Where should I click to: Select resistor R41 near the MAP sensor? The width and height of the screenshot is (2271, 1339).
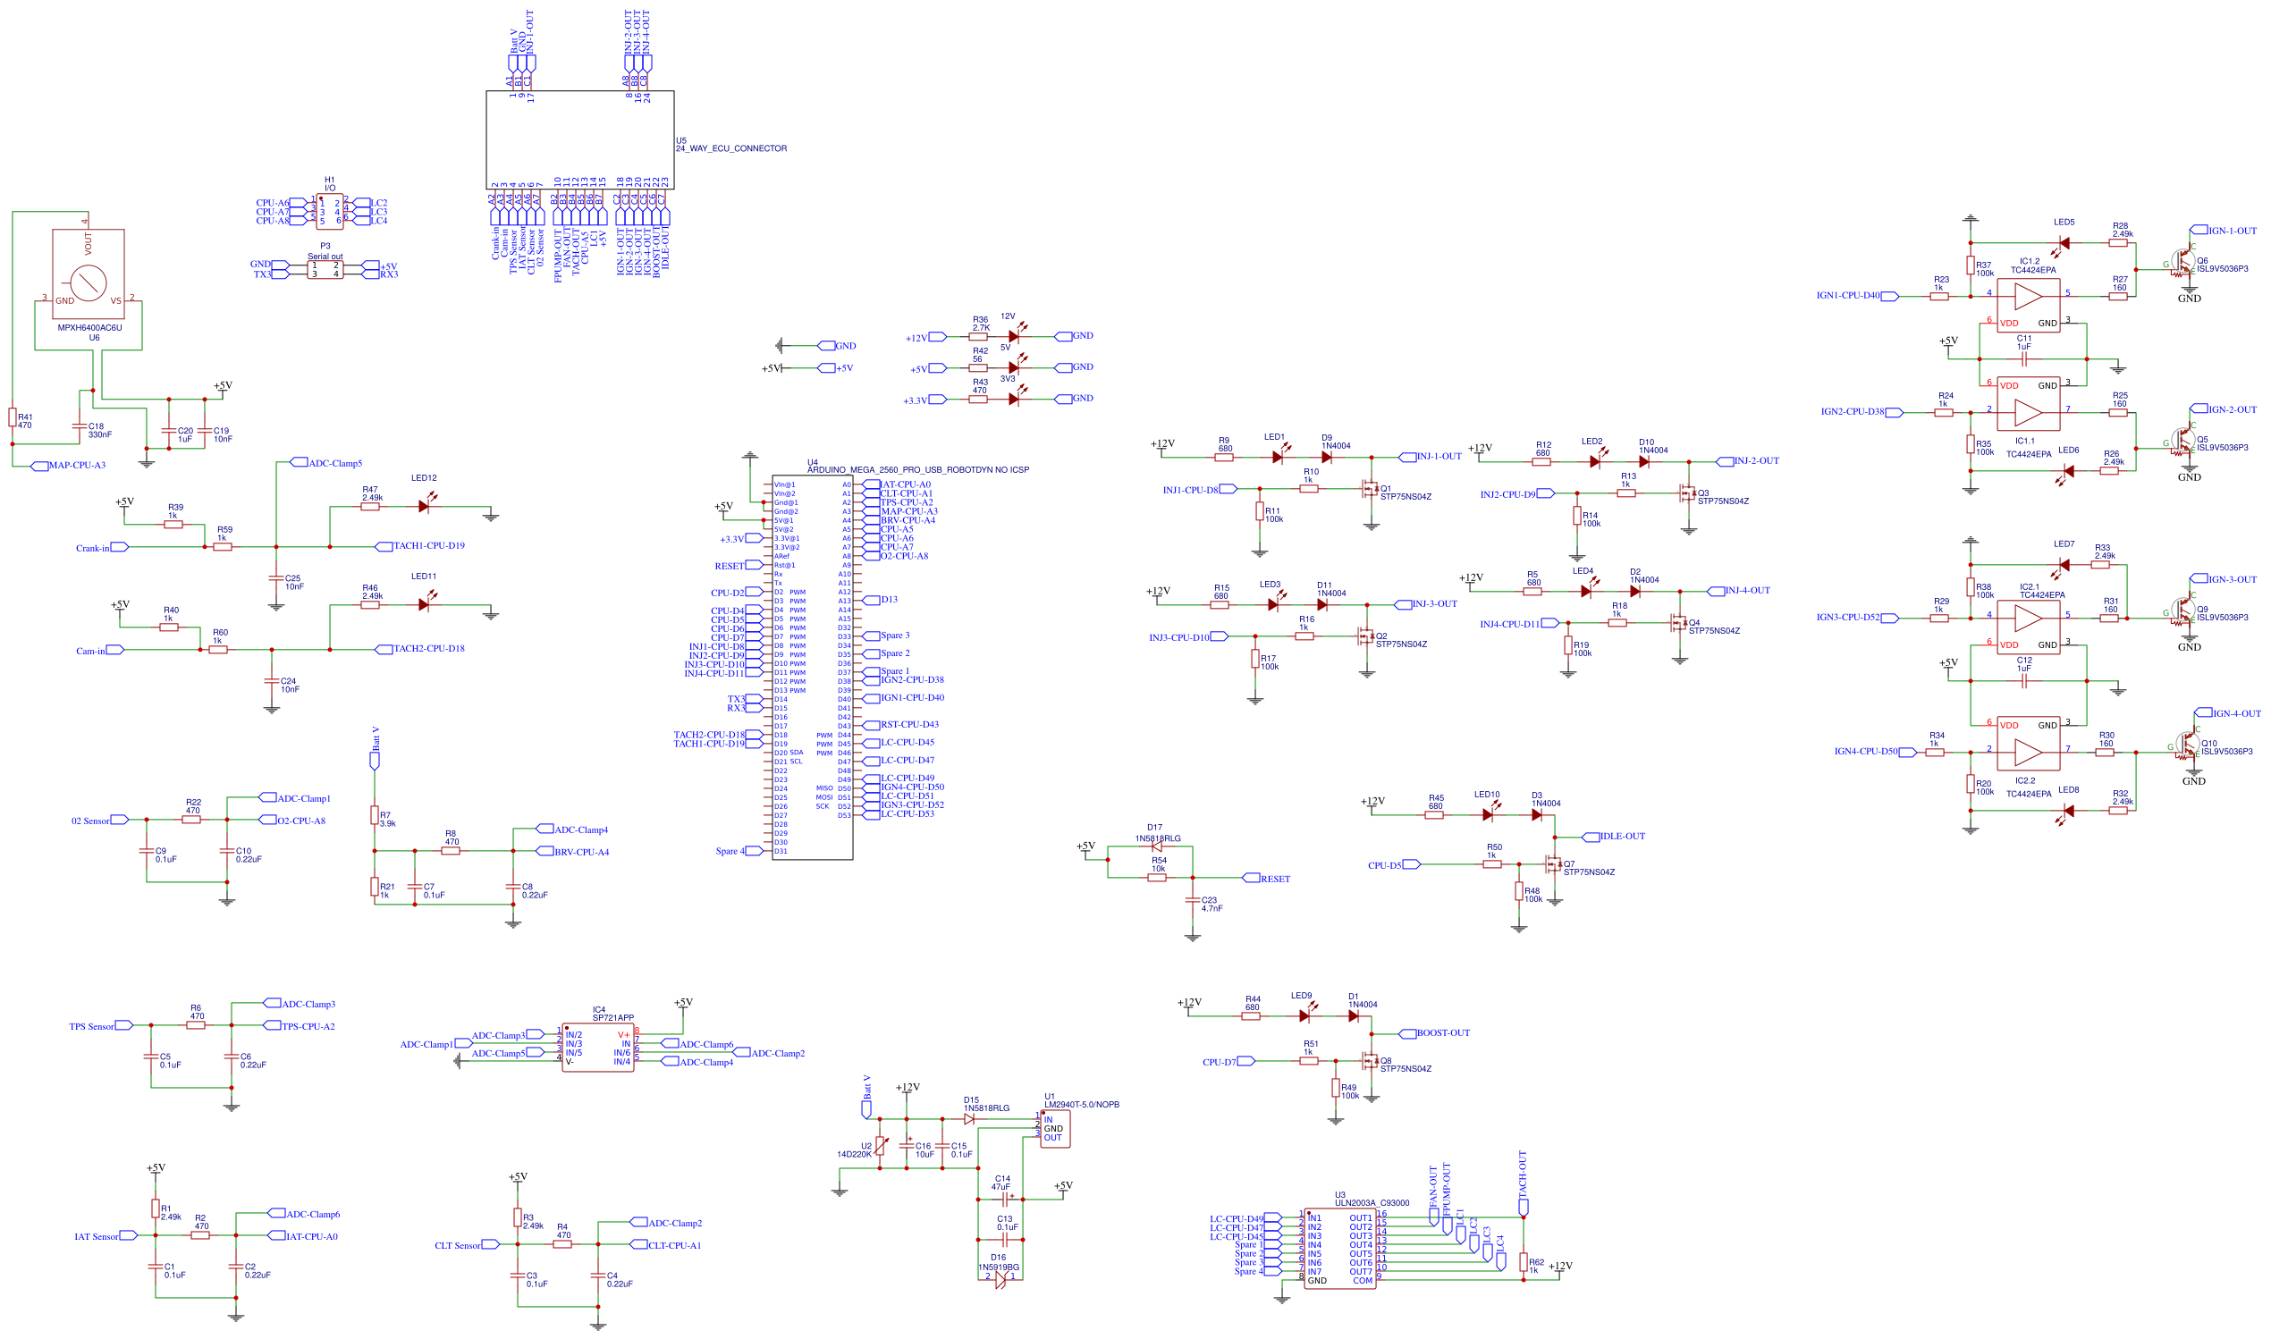[13, 417]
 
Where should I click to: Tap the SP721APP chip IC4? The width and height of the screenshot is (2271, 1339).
[597, 1048]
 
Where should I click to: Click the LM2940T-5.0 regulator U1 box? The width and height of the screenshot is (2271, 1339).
[1055, 1129]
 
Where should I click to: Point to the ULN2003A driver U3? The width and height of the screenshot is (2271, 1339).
[1339, 1249]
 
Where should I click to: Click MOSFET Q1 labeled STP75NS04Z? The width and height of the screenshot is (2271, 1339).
[1370, 489]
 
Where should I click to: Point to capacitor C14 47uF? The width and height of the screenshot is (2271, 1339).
[1001, 1199]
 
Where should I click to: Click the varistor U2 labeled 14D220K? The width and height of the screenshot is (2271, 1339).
[880, 1146]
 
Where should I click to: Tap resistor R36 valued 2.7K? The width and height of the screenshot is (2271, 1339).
[978, 337]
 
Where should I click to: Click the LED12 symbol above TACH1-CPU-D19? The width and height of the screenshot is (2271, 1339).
[424, 506]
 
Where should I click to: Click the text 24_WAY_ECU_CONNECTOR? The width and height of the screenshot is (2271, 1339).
[730, 148]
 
